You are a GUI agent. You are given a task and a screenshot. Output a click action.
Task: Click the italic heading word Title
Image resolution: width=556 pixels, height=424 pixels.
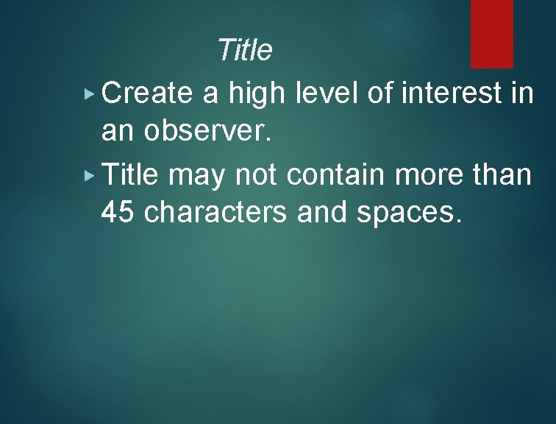[x=245, y=51]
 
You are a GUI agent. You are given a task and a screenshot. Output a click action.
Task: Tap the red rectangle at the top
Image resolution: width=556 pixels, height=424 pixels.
[x=491, y=34]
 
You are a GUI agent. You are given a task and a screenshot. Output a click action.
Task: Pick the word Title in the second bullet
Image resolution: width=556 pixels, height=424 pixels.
[x=130, y=175]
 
